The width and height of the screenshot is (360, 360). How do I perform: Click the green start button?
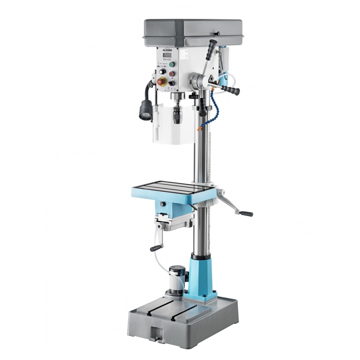[171, 64]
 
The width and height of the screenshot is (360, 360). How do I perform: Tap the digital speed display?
[166, 55]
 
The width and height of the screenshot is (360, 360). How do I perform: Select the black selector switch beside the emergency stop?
[171, 83]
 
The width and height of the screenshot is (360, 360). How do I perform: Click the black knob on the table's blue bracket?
[162, 204]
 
